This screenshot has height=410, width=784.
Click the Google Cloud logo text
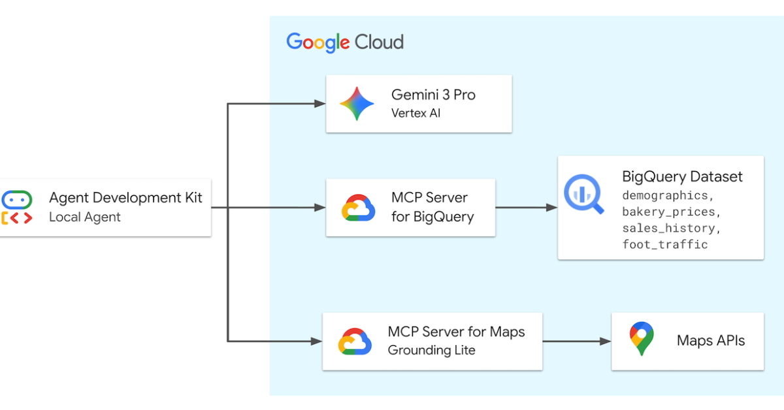pyautogui.click(x=345, y=42)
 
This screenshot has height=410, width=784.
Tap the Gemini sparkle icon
pyautogui.click(x=357, y=104)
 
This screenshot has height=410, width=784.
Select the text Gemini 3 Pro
pyautogui.click(x=433, y=95)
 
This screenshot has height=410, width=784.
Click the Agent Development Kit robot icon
pyautogui.click(x=16, y=208)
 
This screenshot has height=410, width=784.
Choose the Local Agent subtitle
pyautogui.click(x=85, y=217)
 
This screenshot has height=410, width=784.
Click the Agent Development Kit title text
pyautogui.click(x=125, y=198)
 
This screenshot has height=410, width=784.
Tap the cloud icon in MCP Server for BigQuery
pyautogui.click(x=358, y=208)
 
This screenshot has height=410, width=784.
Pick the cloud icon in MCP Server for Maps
pyautogui.click(x=355, y=341)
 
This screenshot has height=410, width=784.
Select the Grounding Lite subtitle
pyautogui.click(x=431, y=351)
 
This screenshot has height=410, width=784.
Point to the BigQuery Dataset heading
pyautogui.click(x=682, y=176)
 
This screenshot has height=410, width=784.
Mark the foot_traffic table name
pyautogui.click(x=664, y=245)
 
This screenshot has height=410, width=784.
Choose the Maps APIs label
pyautogui.click(x=711, y=341)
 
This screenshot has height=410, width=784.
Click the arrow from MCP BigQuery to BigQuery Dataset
pyautogui.click(x=526, y=208)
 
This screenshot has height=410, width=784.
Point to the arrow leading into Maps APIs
pyautogui.click(x=576, y=341)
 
